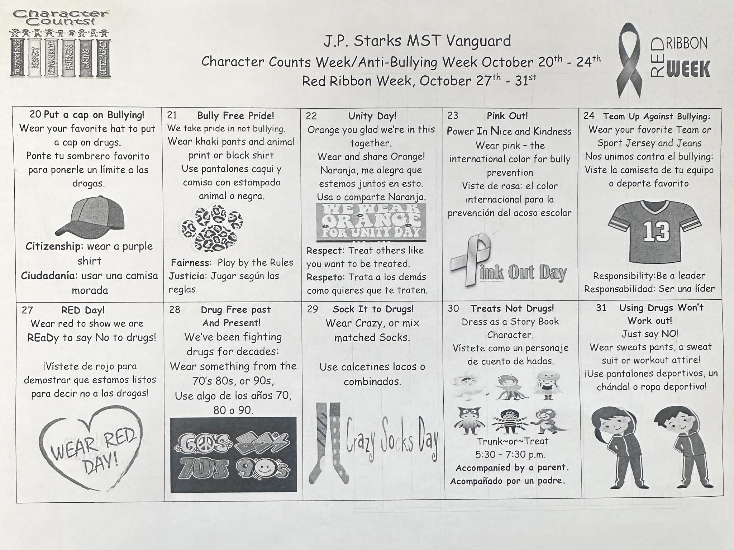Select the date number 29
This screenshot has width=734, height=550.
tap(312, 309)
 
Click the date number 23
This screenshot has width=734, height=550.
tap(453, 115)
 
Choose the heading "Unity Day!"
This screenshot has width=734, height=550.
tap(372, 116)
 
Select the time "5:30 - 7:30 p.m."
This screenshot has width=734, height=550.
tap(510, 455)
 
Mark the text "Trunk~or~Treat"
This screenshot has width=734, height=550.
tap(512, 441)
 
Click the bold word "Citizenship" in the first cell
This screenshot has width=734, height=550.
tap(53, 246)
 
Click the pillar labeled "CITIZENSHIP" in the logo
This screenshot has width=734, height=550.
tap(103, 58)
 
